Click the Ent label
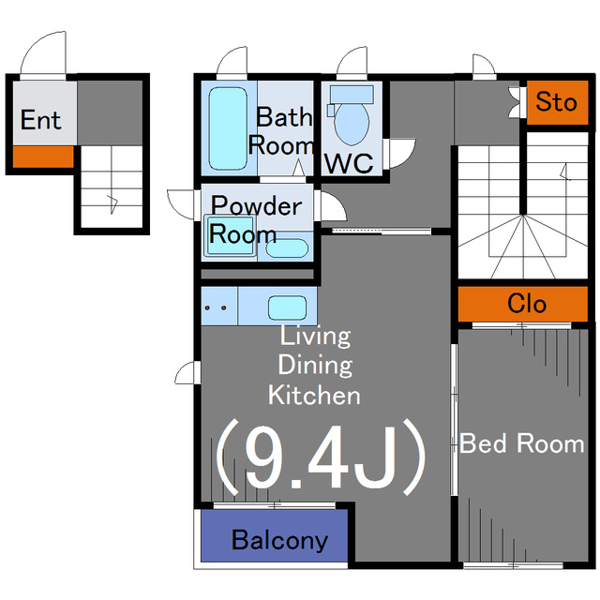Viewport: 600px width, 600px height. pos(40,120)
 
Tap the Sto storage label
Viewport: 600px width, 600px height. pos(556,102)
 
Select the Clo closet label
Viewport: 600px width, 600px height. pos(527,304)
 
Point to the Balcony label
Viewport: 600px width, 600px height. pos(279,540)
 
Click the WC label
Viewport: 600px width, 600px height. pos(349,163)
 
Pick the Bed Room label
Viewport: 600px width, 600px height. pos(522,443)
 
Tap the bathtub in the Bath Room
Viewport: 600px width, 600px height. pos(228,128)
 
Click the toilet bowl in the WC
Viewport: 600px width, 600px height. pos(352,124)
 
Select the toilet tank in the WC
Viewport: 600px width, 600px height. pos(352,94)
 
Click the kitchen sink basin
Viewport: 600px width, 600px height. pos(287,307)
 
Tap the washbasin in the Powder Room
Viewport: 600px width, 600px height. pos(287,248)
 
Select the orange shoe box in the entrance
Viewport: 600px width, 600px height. pos(43,157)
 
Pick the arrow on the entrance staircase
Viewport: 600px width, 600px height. pos(112,204)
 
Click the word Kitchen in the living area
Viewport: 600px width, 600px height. pos(314,395)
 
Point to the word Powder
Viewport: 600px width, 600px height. pos(256,205)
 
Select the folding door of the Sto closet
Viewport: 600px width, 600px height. pos(515,102)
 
